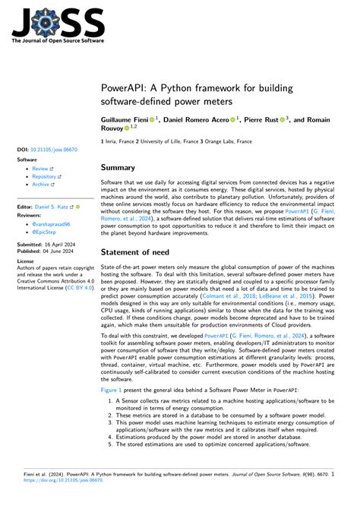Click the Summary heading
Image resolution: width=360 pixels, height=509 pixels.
118,167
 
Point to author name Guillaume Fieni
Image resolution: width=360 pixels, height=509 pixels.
125,120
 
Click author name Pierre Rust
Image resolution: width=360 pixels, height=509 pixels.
261,120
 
